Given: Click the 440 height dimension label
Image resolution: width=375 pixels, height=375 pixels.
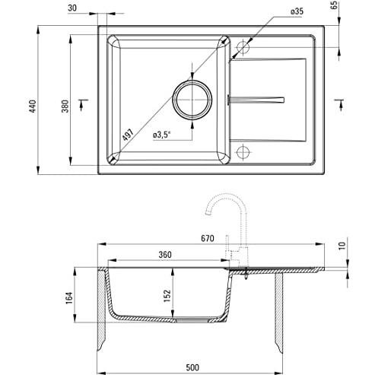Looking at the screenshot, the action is pos(33,106).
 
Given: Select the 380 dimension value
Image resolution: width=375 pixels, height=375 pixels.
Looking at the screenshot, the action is pos(65,106).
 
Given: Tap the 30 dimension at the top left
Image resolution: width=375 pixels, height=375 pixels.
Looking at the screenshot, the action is pos(72,8).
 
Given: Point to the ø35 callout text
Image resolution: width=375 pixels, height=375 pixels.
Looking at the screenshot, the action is pos(297,11).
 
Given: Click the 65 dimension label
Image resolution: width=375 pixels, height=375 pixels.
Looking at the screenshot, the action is pos(335,5).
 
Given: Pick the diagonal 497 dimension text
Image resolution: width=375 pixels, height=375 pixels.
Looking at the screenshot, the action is pos(128,135).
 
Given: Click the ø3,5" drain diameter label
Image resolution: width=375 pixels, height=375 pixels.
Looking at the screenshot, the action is pos(162,135).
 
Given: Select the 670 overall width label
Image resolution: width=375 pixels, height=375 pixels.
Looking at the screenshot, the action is pos(208,238).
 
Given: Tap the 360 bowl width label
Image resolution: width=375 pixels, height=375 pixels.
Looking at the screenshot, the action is pos(165,255).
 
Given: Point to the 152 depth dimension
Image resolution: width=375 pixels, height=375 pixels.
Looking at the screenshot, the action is pos(167,296).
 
